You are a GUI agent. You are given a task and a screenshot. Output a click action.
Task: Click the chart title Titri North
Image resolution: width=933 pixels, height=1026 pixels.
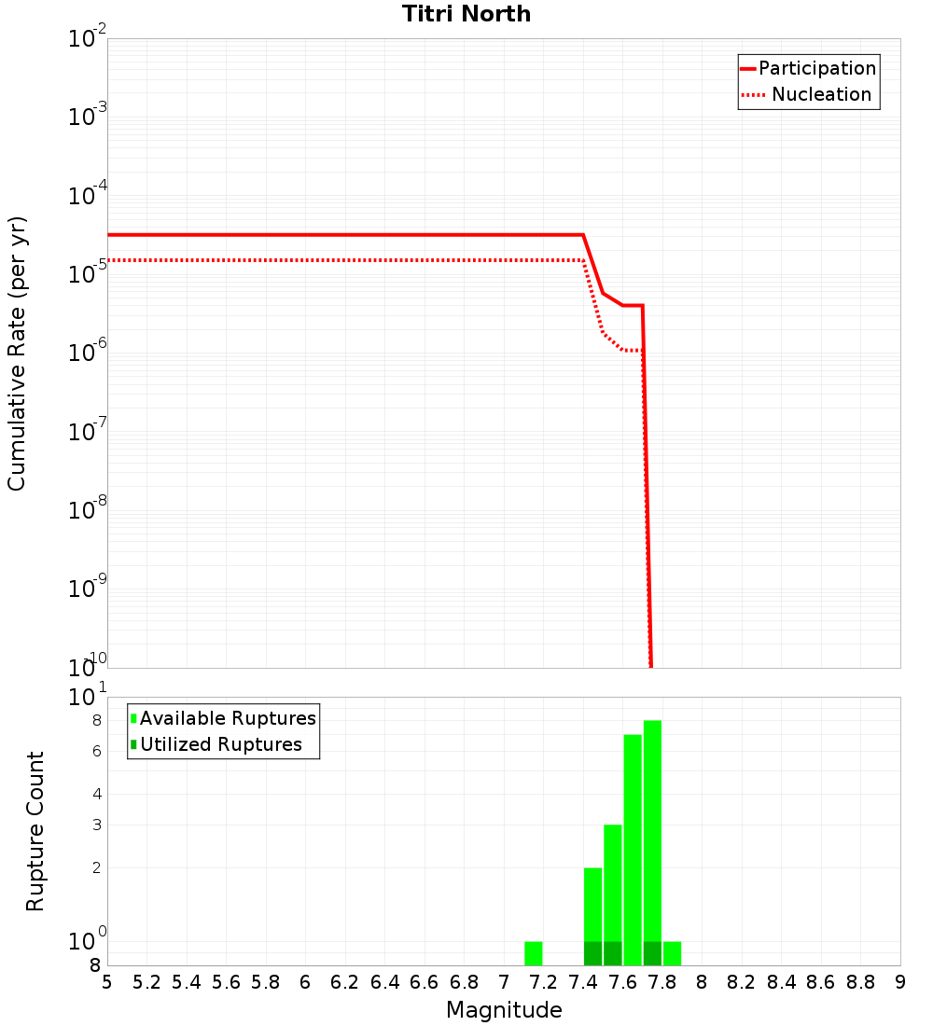pyautogui.click(x=466, y=14)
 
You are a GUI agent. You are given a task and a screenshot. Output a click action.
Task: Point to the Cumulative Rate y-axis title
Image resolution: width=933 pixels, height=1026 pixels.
pyautogui.click(x=17, y=353)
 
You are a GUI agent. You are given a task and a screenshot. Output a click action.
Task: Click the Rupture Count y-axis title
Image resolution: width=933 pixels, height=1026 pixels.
pyautogui.click(x=35, y=830)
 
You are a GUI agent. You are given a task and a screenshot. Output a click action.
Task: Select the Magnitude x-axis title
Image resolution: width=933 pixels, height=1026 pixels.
pyautogui.click(x=504, y=1010)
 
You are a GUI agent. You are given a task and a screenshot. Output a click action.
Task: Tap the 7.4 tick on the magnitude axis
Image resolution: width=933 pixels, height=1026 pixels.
pyautogui.click(x=583, y=982)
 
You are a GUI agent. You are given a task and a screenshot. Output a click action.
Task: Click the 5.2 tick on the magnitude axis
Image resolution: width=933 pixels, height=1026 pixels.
pyautogui.click(x=146, y=982)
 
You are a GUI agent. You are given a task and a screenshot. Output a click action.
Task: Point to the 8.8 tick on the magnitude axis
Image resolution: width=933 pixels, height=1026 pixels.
pyautogui.click(x=860, y=982)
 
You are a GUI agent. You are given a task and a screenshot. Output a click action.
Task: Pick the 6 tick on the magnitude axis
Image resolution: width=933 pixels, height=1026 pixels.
pyautogui.click(x=305, y=982)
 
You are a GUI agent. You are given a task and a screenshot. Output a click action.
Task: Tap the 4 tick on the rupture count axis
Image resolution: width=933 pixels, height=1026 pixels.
pyautogui.click(x=96, y=794)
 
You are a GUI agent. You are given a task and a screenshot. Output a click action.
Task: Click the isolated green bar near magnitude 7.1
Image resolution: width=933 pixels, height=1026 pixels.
pyautogui.click(x=534, y=953)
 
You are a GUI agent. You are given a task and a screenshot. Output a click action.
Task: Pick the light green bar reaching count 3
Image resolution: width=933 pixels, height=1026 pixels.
pyautogui.click(x=613, y=881)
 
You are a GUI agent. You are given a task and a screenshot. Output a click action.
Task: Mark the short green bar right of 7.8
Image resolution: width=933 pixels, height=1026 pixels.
pyautogui.click(x=672, y=953)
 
